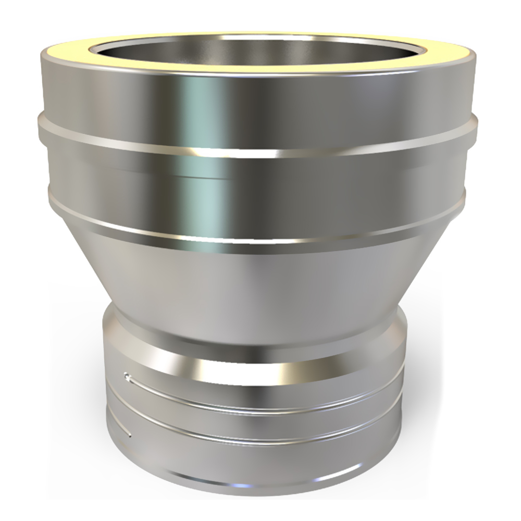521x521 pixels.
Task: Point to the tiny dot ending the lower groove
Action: [129, 433]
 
